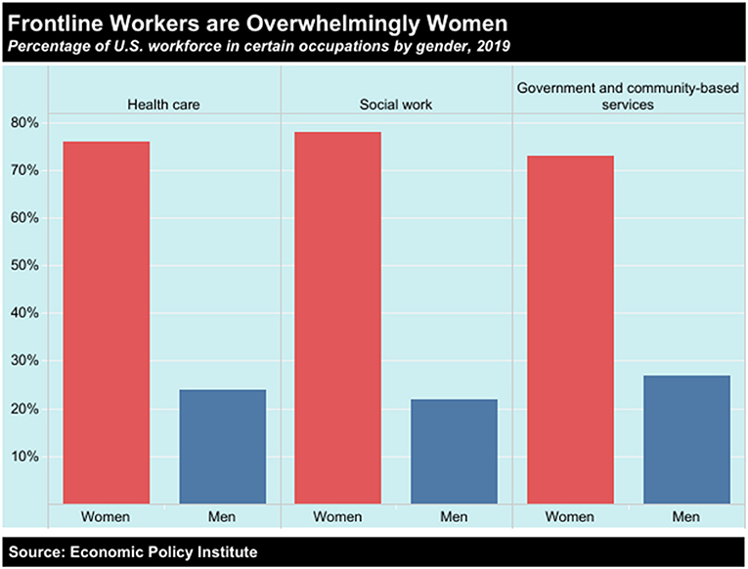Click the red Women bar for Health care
coord(107,323)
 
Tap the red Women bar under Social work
coord(337,318)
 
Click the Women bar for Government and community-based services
coord(570,329)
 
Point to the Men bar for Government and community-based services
coord(686,440)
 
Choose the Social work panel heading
coord(396,105)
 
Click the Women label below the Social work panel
coord(337,516)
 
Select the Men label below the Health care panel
coord(222,516)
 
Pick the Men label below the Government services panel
coord(686,516)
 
